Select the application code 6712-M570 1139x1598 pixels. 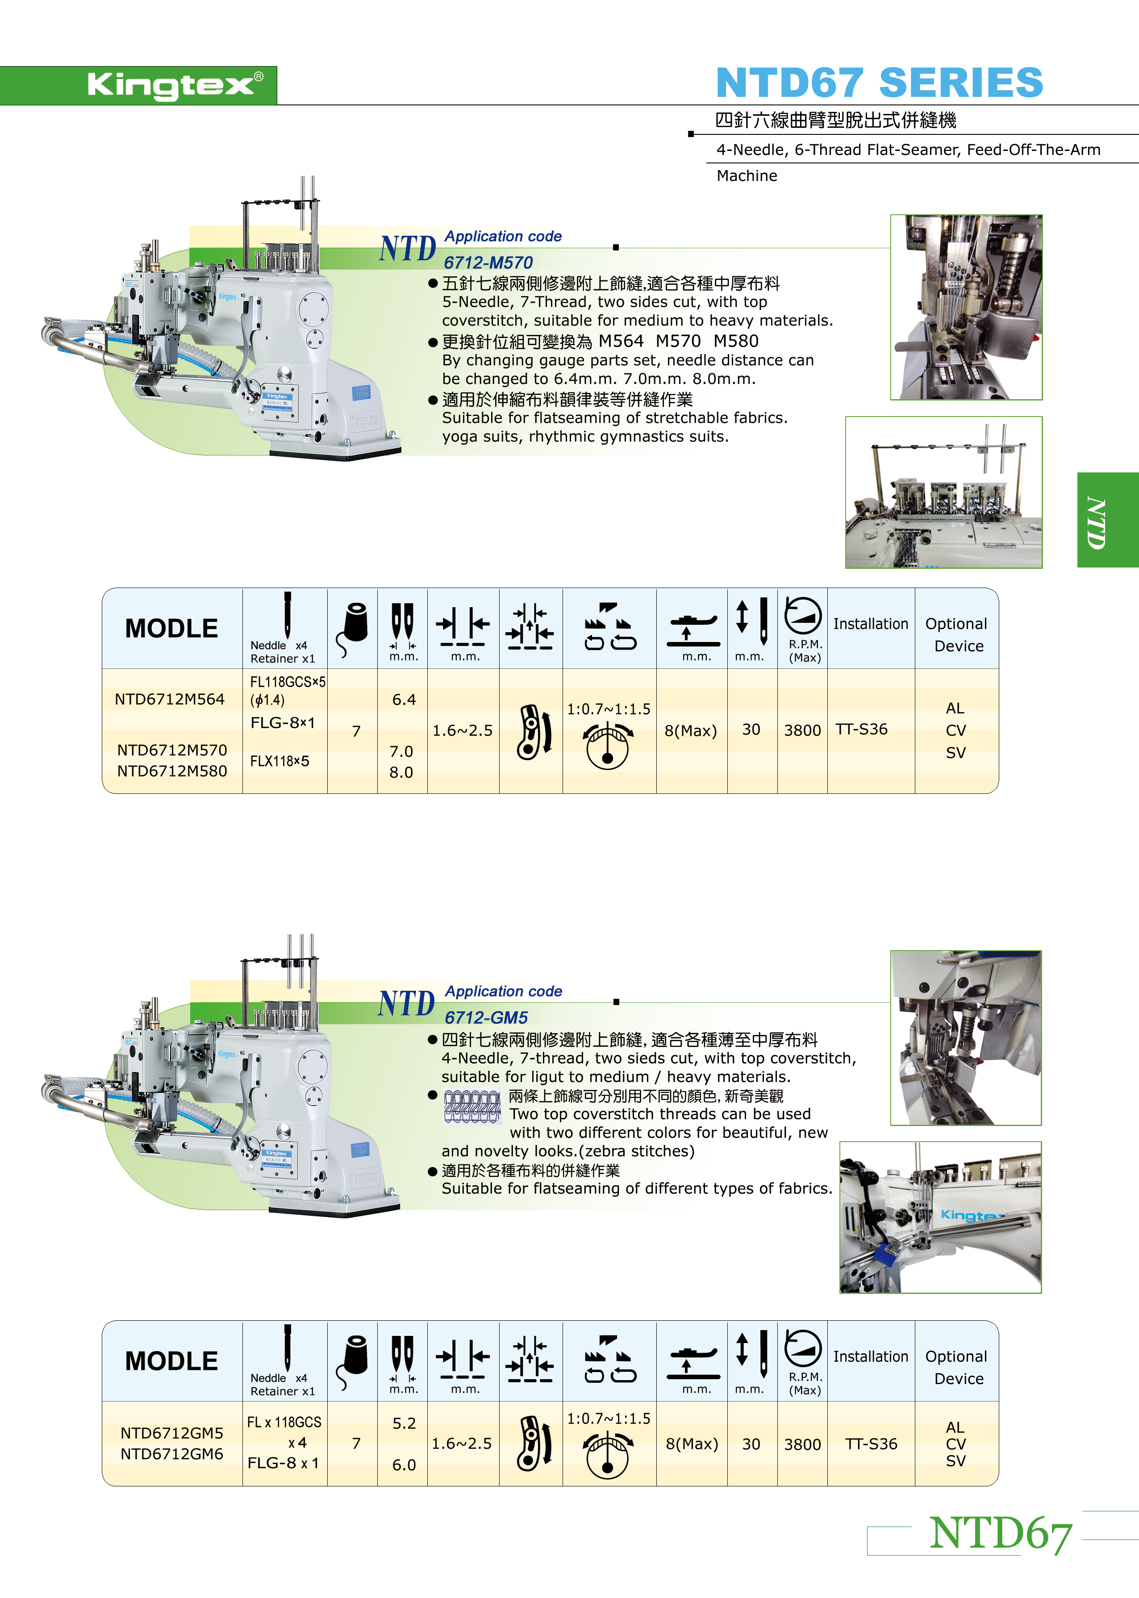488,263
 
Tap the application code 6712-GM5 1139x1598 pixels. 486,1018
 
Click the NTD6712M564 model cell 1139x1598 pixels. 170,699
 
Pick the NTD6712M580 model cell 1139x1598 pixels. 172,771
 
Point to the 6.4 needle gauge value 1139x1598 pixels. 404,700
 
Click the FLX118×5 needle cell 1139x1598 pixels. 280,761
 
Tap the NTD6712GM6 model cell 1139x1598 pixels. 172,1454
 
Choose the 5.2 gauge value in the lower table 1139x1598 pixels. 404,1423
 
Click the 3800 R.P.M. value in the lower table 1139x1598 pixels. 802,1444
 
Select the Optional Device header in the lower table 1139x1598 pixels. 957,1367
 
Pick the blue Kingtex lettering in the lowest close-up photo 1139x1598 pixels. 972,1215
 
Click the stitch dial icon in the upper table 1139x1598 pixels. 607,747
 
